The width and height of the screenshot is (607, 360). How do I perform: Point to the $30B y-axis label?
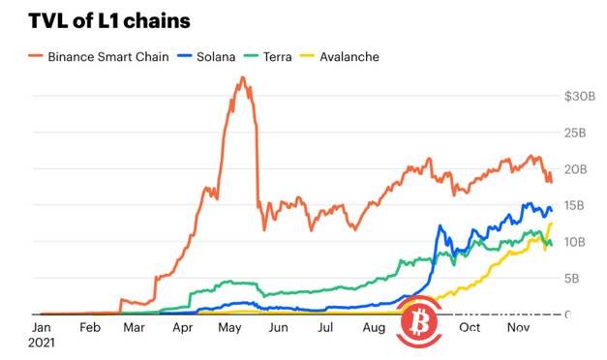pos(581,97)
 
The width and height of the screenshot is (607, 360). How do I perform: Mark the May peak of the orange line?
pos(241,77)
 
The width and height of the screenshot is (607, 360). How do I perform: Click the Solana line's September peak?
pos(440,225)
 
